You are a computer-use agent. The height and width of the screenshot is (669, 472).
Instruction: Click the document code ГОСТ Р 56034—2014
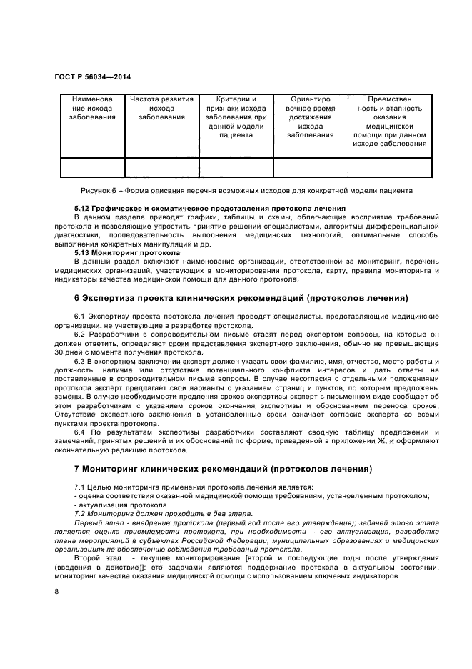click(93, 76)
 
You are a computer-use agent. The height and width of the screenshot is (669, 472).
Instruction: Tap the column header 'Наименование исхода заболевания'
click(92, 108)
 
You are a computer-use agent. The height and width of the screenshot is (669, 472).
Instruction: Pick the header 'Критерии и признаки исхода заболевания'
click(236, 117)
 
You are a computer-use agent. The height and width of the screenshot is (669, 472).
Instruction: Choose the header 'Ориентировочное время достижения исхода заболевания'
click(311, 117)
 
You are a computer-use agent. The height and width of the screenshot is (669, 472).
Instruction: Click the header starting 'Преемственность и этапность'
click(389, 122)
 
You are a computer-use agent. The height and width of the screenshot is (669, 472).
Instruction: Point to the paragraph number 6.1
click(81, 317)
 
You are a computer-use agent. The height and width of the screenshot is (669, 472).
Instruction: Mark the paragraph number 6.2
click(81, 334)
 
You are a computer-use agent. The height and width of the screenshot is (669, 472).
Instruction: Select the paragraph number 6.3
click(81, 360)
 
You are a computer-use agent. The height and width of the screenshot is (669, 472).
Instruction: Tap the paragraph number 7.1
click(81, 487)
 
